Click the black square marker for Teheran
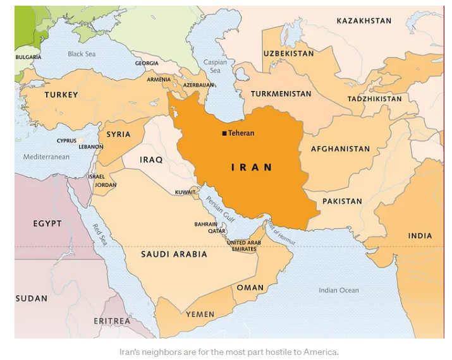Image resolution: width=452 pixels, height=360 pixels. pyautogui.click(x=224, y=133)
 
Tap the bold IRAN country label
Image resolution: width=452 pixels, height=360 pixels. pyautogui.click(x=252, y=167)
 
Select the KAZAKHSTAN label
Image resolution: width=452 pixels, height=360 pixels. pyautogui.click(x=363, y=21)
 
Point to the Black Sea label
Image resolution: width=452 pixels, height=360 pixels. pyautogui.click(x=82, y=54)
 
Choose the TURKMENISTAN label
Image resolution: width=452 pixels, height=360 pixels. pyautogui.click(x=281, y=93)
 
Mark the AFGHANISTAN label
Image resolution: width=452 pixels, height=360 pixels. pyautogui.click(x=340, y=149)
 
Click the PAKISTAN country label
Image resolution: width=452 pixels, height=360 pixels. pyautogui.click(x=342, y=201)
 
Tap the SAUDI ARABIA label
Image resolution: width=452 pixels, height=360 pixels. pyautogui.click(x=174, y=254)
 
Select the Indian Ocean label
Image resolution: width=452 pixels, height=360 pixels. pyautogui.click(x=338, y=291)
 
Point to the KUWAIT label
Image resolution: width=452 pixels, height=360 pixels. pyautogui.click(x=185, y=191)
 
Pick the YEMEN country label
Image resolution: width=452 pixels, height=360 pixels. pyautogui.click(x=200, y=314)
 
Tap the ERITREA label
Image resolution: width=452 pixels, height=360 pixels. pyautogui.click(x=112, y=321)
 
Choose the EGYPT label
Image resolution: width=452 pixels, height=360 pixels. pyautogui.click(x=47, y=224)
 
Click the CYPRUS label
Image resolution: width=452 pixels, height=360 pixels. pyautogui.click(x=66, y=141)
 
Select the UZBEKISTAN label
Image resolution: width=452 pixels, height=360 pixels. pyautogui.click(x=288, y=54)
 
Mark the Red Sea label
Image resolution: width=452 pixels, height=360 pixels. pyautogui.click(x=100, y=235)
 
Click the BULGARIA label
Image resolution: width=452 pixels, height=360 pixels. pyautogui.click(x=28, y=57)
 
